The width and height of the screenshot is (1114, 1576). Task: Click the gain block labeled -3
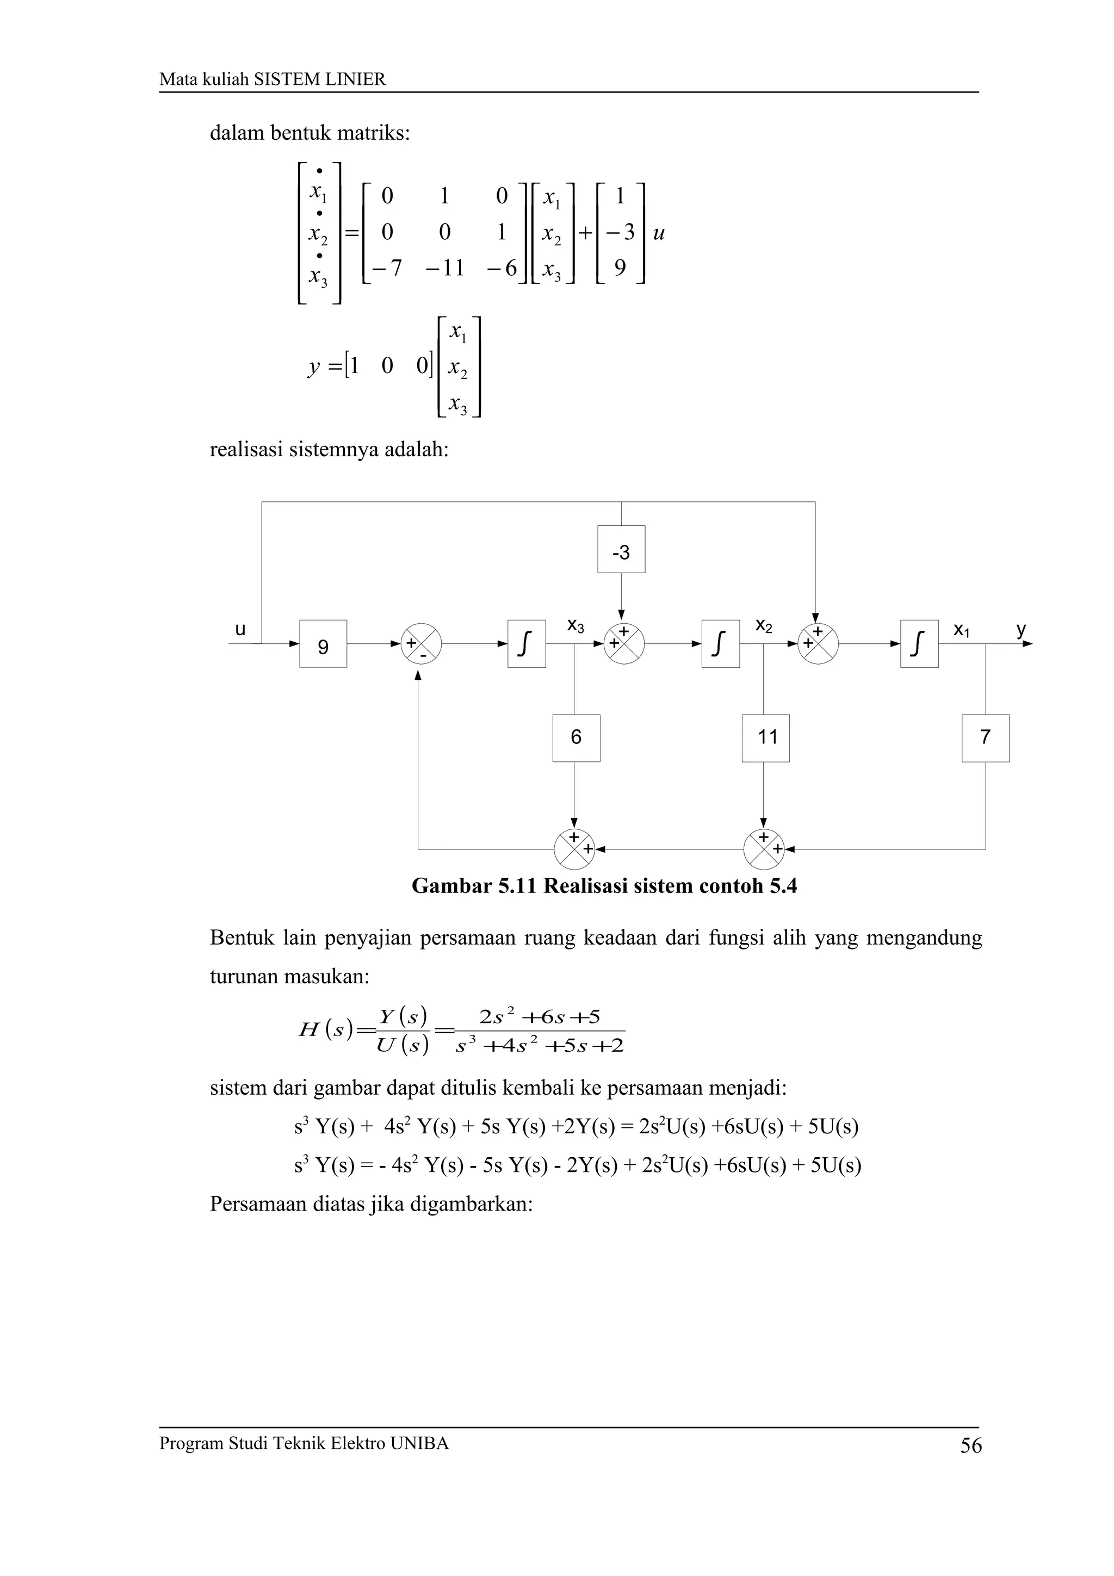[x=621, y=549]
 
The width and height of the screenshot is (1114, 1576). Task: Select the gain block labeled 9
[x=323, y=644]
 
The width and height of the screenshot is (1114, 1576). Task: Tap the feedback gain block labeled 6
[x=576, y=738]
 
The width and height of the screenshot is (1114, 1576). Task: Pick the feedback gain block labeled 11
[x=765, y=738]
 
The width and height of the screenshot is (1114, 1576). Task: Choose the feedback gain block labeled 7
[x=985, y=738]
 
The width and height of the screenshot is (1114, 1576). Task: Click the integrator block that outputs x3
[x=527, y=644]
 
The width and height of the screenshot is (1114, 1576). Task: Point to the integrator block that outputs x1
[x=919, y=644]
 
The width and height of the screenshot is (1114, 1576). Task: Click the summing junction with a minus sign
[x=421, y=644]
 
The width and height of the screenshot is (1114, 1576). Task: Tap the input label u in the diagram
[x=240, y=629]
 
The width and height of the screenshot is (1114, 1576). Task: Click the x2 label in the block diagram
[x=764, y=626]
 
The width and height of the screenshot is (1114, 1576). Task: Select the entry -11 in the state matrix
[x=444, y=268]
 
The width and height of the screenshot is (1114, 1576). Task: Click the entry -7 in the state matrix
[x=385, y=268]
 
